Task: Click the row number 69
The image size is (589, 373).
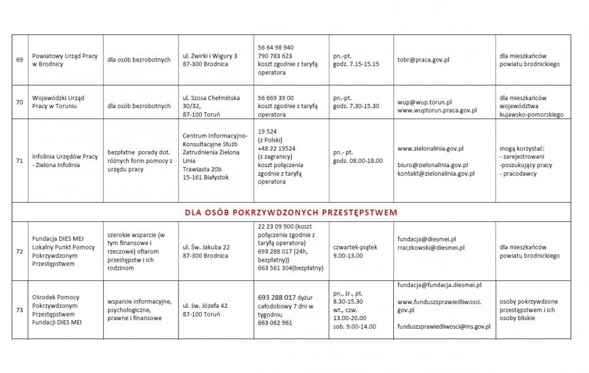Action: (20, 60)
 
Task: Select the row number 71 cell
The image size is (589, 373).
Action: (20, 161)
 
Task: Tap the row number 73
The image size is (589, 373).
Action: (20, 310)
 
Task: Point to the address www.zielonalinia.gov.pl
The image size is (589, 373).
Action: (430, 149)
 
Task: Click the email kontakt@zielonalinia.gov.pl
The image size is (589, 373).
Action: (436, 174)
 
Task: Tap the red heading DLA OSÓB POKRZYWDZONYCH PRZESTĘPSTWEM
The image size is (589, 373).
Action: (291, 213)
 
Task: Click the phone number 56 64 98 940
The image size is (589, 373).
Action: (275, 47)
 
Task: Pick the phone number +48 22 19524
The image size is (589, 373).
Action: (277, 149)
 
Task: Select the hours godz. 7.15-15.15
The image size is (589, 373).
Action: (356, 64)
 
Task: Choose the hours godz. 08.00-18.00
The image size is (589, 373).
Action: (358, 161)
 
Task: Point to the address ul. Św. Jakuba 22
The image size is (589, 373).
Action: (206, 247)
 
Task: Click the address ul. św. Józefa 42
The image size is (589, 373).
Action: (206, 305)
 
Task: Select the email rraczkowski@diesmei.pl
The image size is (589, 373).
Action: (431, 247)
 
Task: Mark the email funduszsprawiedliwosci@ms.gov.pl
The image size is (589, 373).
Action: (444, 327)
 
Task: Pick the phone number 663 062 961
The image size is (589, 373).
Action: (275, 323)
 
